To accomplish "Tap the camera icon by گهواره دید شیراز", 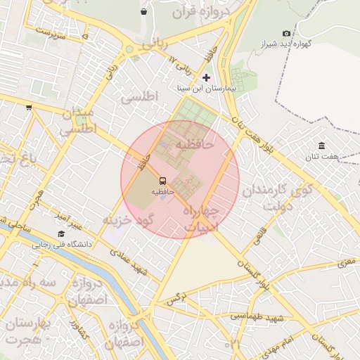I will [286, 33].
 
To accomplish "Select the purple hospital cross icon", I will [206, 77].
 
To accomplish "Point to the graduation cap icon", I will [61, 234].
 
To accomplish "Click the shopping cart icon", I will [29, 108].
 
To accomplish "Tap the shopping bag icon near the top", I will [144, 11].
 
